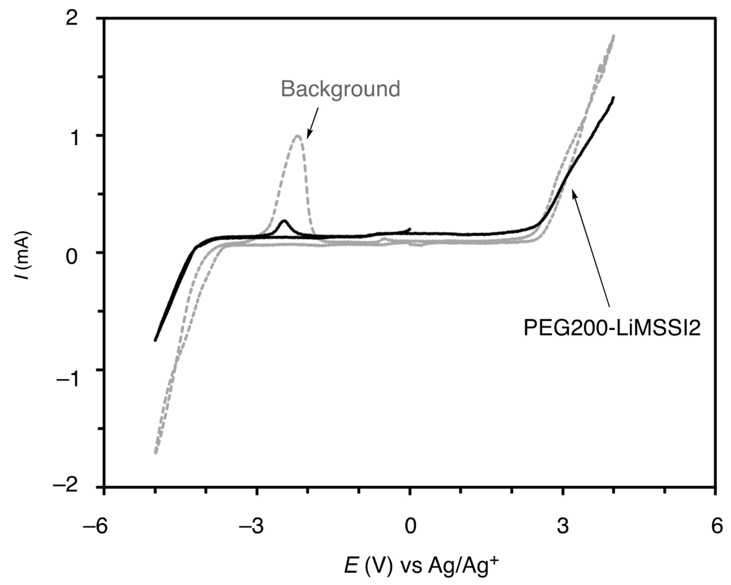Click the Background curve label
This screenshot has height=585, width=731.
[x=340, y=89]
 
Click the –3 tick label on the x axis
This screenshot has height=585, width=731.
[x=251, y=527]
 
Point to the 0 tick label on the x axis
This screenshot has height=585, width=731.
[x=410, y=527]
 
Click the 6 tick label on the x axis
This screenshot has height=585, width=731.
[x=716, y=527]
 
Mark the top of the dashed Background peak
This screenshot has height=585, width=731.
[x=298, y=136]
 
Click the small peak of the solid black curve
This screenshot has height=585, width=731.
[x=284, y=221]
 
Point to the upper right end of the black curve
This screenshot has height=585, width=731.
[x=613, y=98]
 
